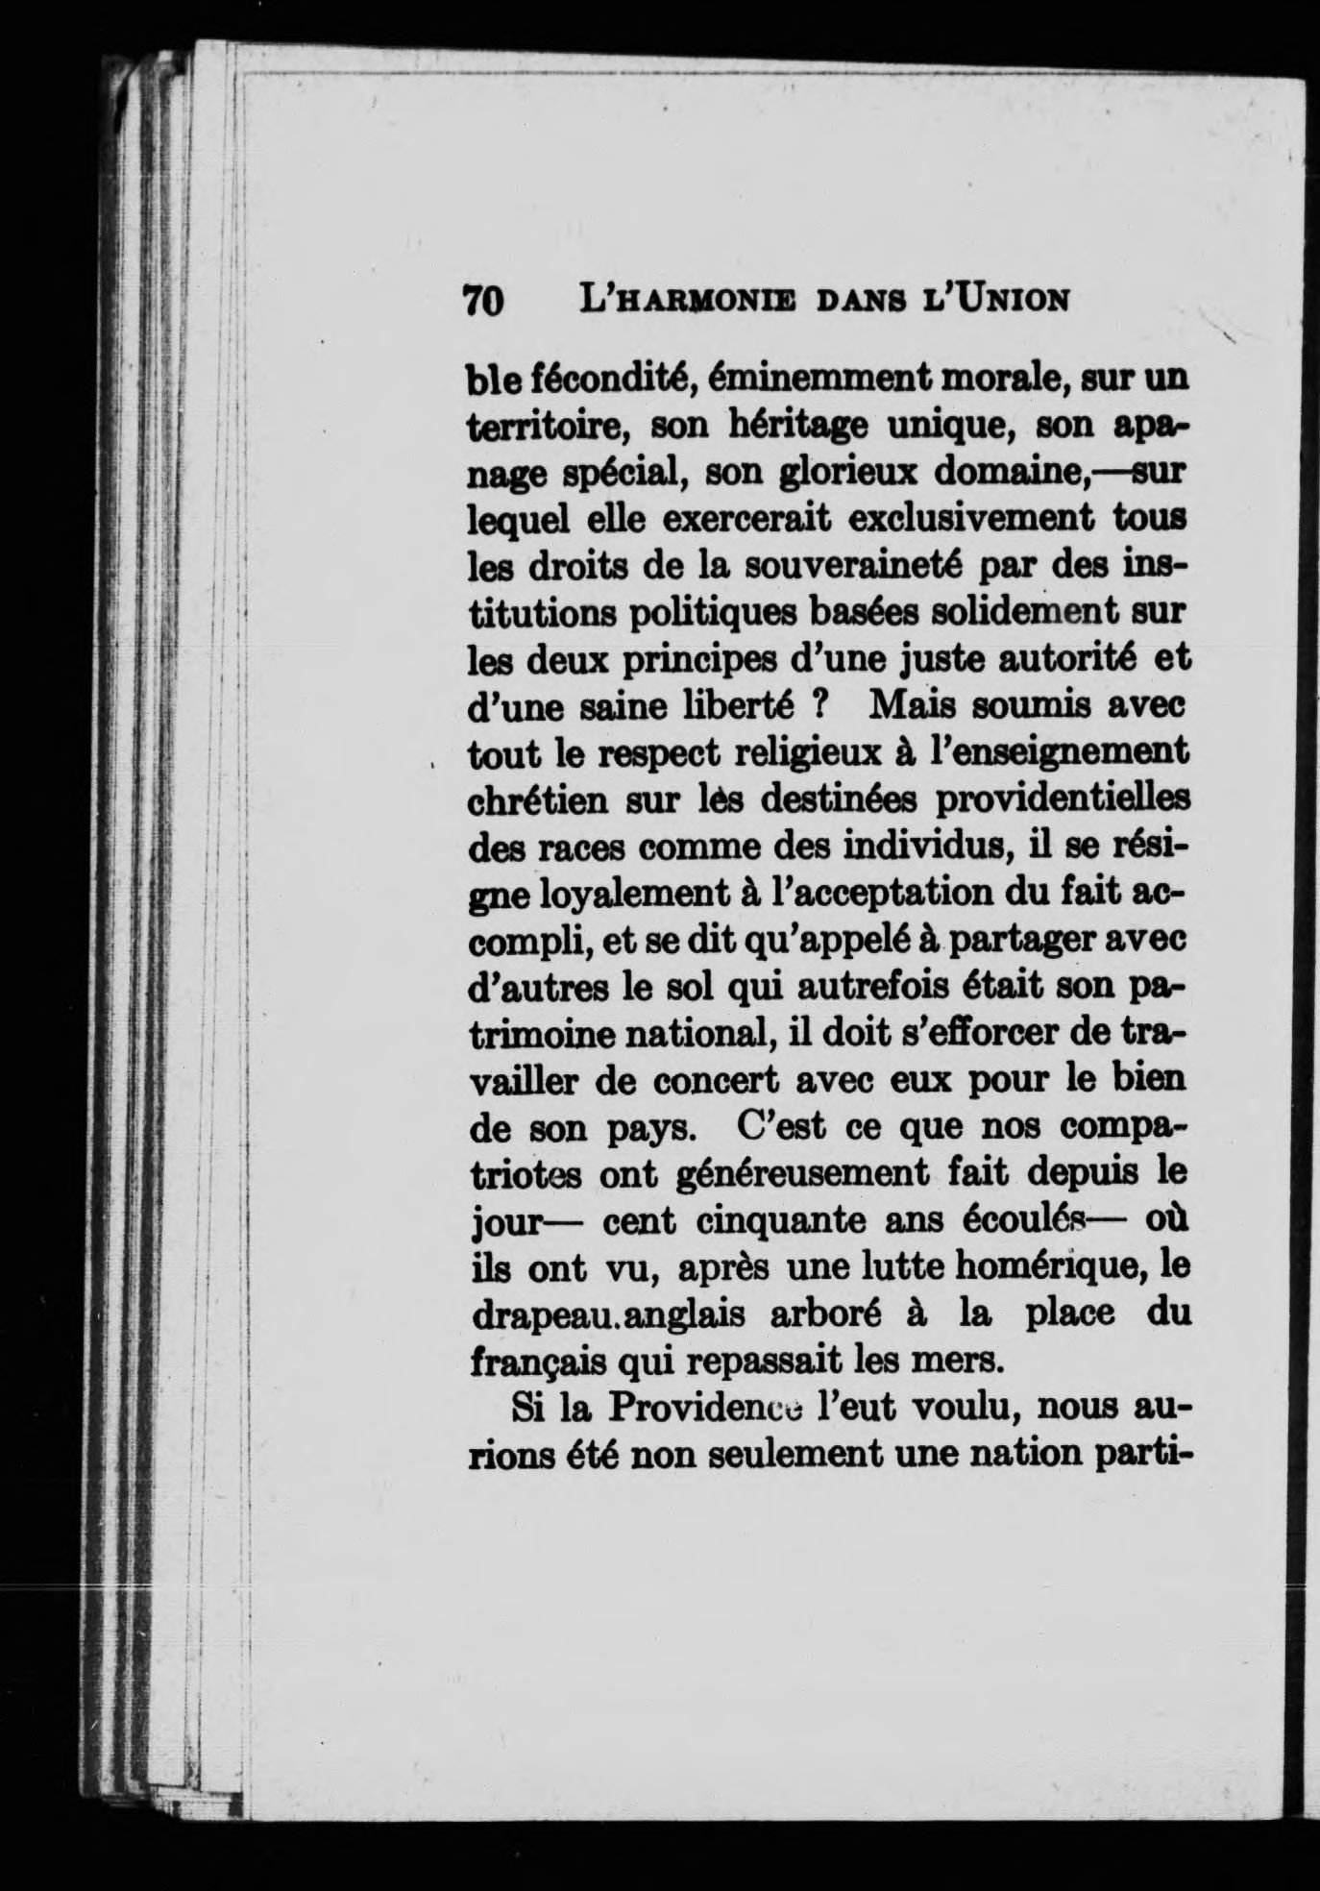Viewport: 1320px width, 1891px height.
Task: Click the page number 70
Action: [x=484, y=301]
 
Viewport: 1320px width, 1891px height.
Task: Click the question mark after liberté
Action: [x=820, y=706]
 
